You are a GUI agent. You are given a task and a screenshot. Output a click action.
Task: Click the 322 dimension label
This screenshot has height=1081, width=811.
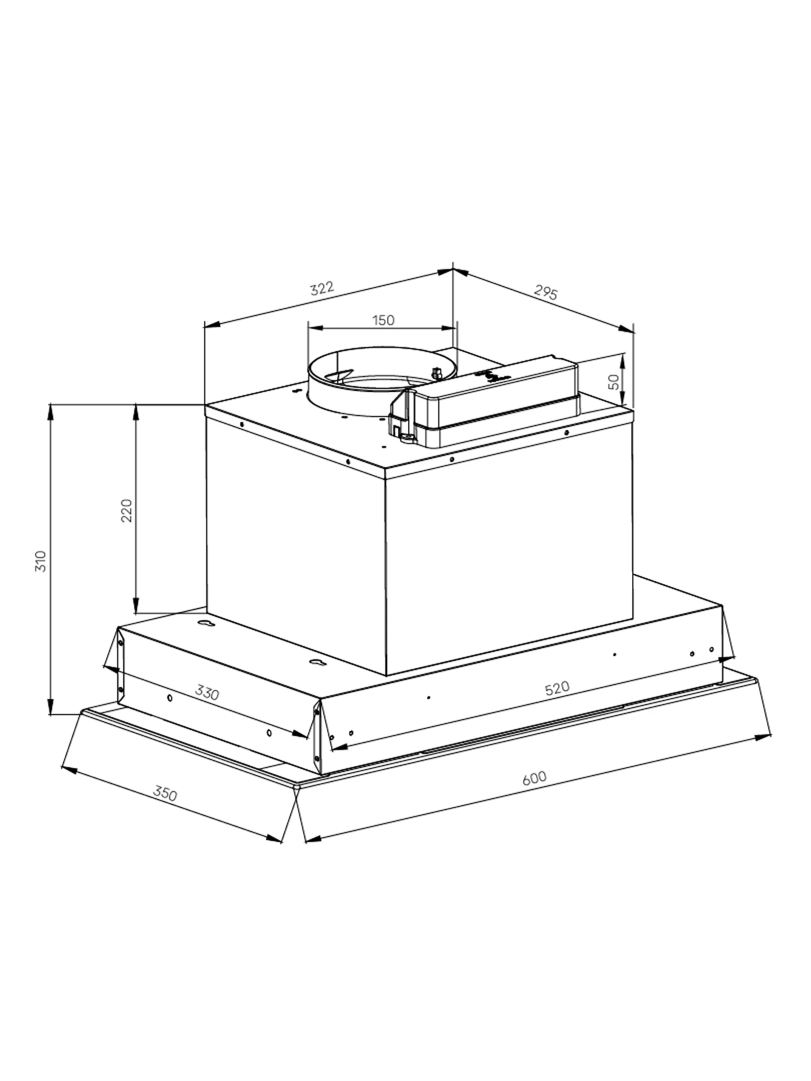click(322, 288)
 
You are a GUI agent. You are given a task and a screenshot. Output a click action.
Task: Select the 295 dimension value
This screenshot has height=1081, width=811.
click(545, 292)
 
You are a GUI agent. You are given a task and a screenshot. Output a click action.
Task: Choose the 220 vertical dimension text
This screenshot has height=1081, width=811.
click(127, 510)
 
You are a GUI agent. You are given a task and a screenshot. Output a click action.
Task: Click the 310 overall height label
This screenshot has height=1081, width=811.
click(41, 561)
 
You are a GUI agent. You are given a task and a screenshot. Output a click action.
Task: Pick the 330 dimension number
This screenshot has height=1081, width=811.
click(207, 692)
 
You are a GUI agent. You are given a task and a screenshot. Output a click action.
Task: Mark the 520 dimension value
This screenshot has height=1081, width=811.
click(557, 688)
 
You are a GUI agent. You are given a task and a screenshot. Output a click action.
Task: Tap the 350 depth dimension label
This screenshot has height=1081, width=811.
click(165, 794)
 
